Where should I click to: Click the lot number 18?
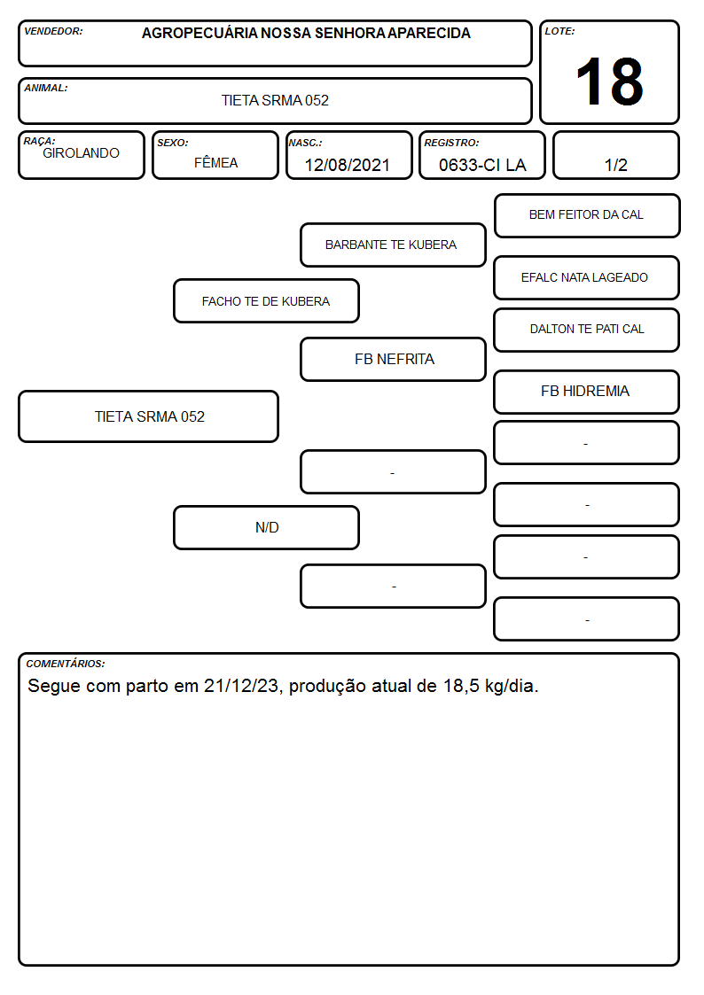click(609, 82)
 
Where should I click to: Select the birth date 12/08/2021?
click(348, 165)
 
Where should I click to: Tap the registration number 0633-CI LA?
click(482, 165)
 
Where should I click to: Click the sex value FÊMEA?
click(215, 162)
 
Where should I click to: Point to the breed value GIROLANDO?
click(82, 153)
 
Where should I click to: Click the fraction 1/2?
click(615, 165)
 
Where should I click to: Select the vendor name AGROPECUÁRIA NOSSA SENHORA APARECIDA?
click(306, 33)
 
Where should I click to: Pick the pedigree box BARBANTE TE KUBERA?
click(393, 245)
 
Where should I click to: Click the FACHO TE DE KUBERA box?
click(266, 300)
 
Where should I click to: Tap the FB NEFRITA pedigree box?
click(393, 359)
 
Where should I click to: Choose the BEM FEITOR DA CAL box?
click(587, 216)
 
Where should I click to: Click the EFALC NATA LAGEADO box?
click(587, 277)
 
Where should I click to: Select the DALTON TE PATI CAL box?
click(587, 330)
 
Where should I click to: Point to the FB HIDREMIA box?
click(587, 392)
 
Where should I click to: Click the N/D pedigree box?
click(266, 527)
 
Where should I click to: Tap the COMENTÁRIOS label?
click(66, 664)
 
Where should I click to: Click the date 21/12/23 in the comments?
click(240, 686)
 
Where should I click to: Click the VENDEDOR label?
click(53, 31)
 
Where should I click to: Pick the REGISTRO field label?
click(451, 143)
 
